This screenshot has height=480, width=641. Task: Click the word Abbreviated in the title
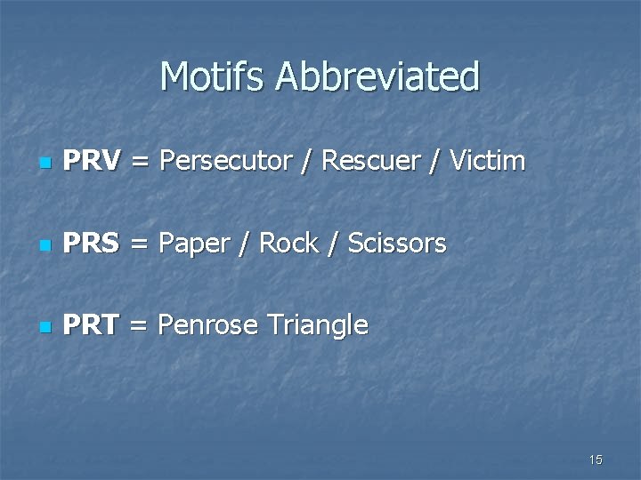(x=377, y=77)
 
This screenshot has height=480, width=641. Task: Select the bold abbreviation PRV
(x=93, y=162)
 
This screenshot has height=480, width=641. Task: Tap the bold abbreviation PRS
(x=92, y=244)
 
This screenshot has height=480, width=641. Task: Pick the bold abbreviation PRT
(x=92, y=325)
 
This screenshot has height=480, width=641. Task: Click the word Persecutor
(x=228, y=162)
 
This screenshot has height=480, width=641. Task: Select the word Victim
(x=488, y=162)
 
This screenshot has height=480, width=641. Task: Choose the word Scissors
(x=397, y=244)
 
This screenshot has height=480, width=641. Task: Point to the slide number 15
(x=596, y=460)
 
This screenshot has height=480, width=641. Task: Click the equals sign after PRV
(x=140, y=163)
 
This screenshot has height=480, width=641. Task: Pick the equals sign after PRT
(x=138, y=326)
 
